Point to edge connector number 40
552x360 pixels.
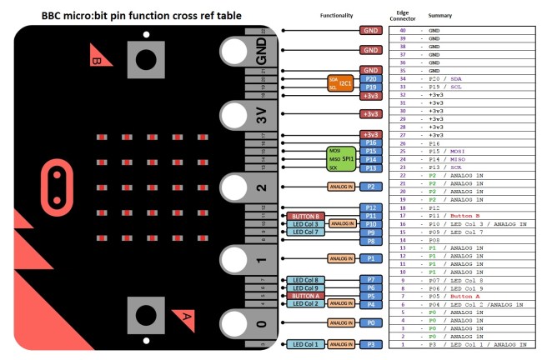[403, 30]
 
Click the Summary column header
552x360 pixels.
[440, 16]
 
